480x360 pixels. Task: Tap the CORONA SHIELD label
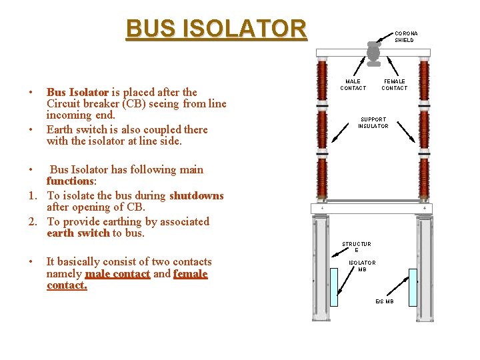(405, 37)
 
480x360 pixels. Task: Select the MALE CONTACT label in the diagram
(353, 85)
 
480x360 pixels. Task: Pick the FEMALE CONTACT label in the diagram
(394, 85)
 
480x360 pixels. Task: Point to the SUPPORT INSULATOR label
(373, 123)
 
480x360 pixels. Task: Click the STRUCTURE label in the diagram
(356, 247)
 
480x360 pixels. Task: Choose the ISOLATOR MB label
(361, 266)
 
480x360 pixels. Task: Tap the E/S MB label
(384, 301)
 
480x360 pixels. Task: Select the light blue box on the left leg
(334, 287)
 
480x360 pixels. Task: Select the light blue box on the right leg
(413, 287)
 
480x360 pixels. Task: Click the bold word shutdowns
(197, 195)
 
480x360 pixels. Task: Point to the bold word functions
(71, 181)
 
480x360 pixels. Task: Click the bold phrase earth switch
(78, 233)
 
